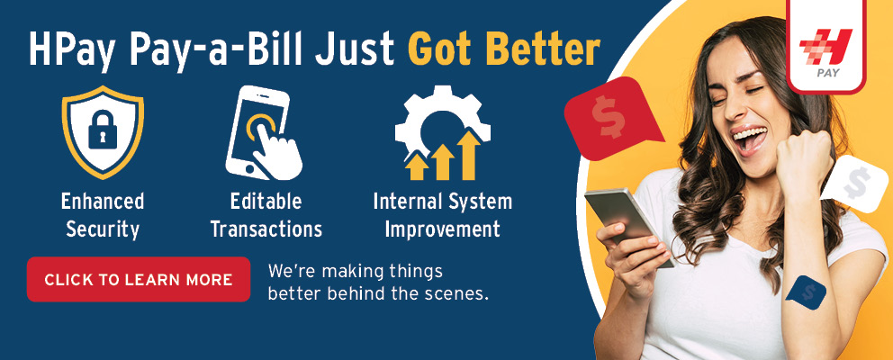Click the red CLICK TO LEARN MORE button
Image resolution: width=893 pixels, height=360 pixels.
139,279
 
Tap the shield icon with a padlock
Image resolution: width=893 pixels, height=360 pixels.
103,132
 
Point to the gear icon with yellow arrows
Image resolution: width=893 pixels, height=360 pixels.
443,132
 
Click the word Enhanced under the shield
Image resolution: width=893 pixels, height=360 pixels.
103,201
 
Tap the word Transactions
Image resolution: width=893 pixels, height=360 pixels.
266,229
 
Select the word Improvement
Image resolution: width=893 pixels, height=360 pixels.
443,229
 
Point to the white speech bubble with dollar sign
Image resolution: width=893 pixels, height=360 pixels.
855,184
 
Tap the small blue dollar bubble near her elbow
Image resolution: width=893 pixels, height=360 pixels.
806,292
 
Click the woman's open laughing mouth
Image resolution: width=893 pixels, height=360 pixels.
750,139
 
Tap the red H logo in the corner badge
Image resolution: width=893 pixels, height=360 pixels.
825,46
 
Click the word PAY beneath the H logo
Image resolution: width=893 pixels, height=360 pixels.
828,74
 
